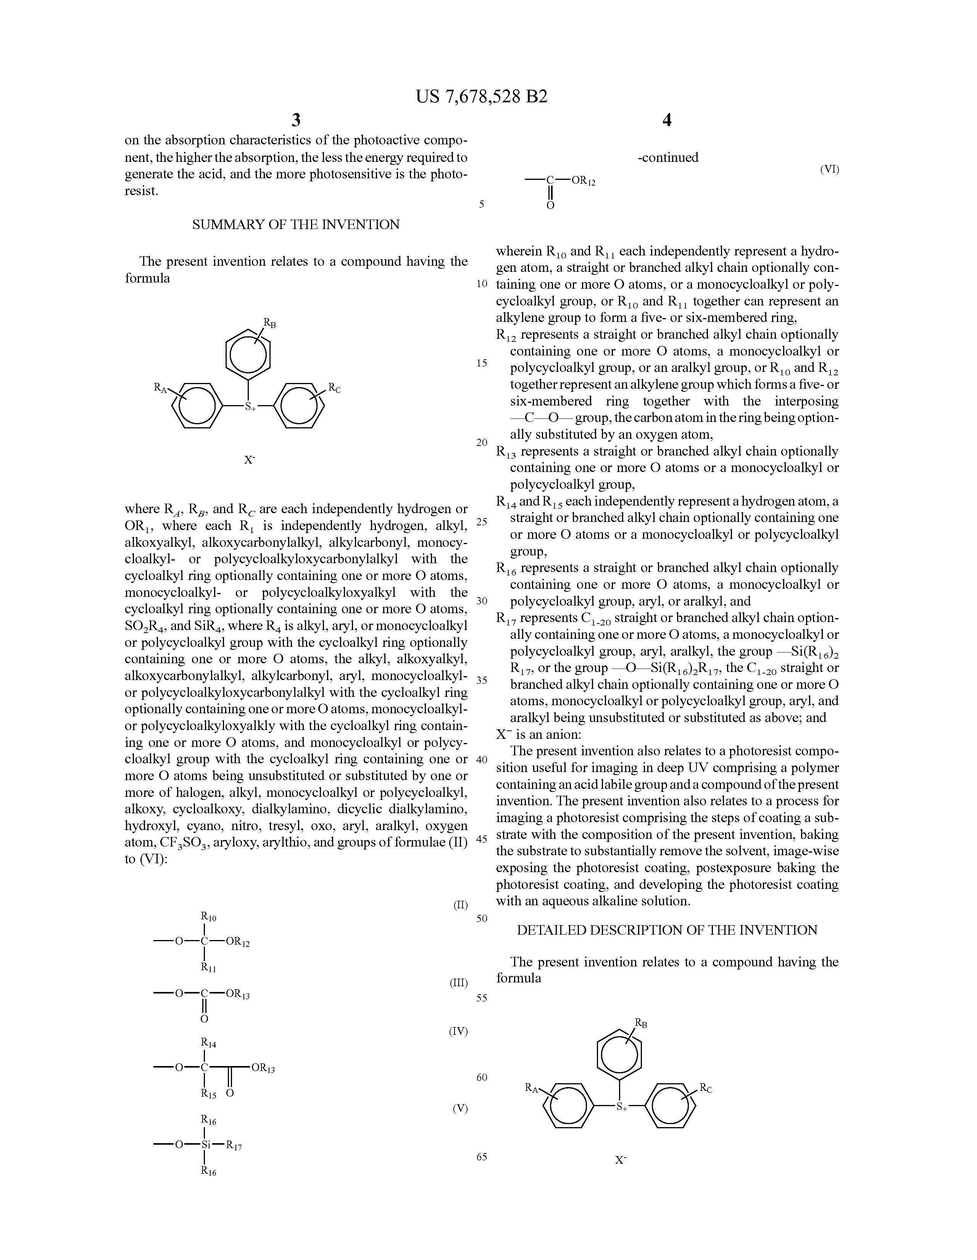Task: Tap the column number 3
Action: pos(296,120)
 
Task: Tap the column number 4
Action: pos(667,120)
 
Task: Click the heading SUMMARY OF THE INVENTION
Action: pos(296,225)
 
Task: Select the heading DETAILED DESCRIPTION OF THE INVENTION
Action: pos(667,930)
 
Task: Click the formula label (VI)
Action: pos(829,169)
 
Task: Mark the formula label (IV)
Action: pos(458,1031)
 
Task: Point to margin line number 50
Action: pos(482,918)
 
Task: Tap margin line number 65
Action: pos(482,1157)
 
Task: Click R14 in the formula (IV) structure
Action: pos(208,1043)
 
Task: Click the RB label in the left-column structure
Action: pos(269,323)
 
